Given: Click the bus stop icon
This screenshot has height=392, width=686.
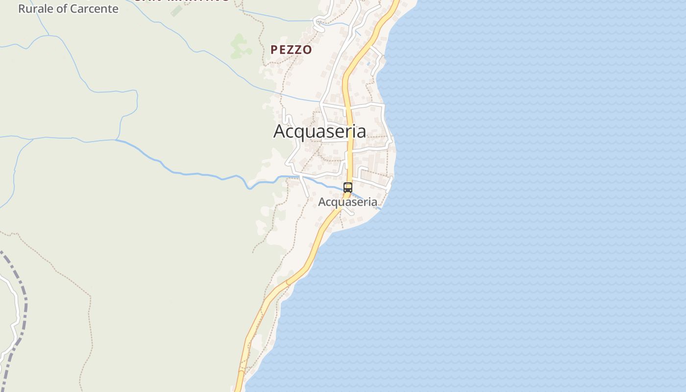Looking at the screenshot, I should click(348, 187).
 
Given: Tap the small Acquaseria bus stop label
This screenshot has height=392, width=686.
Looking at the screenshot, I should click(348, 202).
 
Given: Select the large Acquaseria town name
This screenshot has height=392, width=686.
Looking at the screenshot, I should click(319, 131).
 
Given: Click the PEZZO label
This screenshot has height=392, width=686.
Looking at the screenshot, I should click(291, 49).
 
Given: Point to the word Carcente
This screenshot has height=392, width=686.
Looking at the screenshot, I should click(94, 8).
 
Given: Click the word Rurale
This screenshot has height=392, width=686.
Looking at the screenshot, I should click(36, 8).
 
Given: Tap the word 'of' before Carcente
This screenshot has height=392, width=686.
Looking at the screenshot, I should click(62, 8).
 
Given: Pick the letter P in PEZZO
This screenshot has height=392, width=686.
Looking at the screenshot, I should click(274, 49).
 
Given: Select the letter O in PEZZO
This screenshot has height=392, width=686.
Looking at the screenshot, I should click(307, 49).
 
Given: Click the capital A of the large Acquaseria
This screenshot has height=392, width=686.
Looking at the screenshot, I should click(279, 131).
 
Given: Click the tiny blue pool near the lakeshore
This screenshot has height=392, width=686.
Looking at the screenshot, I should click(368, 64).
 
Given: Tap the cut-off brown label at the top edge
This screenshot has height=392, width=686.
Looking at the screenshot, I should click(181, 1).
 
